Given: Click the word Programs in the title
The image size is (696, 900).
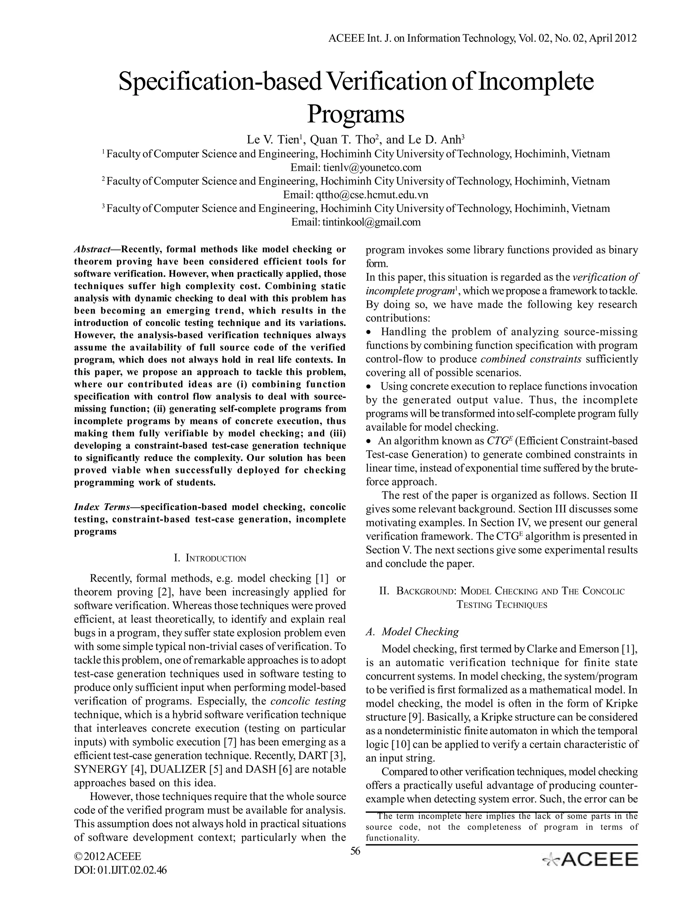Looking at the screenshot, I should pyautogui.click(x=355, y=115).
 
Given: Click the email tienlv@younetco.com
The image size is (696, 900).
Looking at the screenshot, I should pyautogui.click(x=372, y=167).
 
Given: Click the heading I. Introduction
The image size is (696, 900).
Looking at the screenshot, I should pyautogui.click(x=210, y=558).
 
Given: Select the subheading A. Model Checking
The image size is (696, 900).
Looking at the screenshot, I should pyautogui.click(x=412, y=631).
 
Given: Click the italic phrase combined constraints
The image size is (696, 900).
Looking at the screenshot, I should pyautogui.click(x=531, y=359).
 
